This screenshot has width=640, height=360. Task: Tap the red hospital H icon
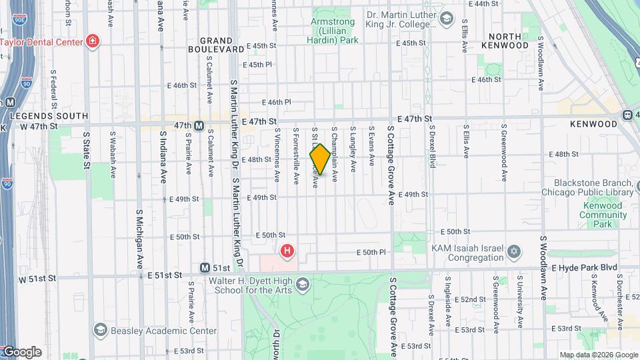(x=287, y=251)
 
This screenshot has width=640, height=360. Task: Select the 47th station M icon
(x=199, y=125)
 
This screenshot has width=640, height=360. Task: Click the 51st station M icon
(x=205, y=268)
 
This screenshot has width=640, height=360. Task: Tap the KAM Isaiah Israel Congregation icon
(x=513, y=252)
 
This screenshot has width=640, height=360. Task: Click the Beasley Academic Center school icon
(x=100, y=329)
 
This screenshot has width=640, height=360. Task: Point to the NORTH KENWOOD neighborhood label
(x=518, y=41)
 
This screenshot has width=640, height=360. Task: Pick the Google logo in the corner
(x=21, y=352)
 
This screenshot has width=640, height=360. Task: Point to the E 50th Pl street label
(x=371, y=252)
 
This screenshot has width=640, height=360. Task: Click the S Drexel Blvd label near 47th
(x=432, y=146)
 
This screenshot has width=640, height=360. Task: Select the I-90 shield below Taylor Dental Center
(x=25, y=82)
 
